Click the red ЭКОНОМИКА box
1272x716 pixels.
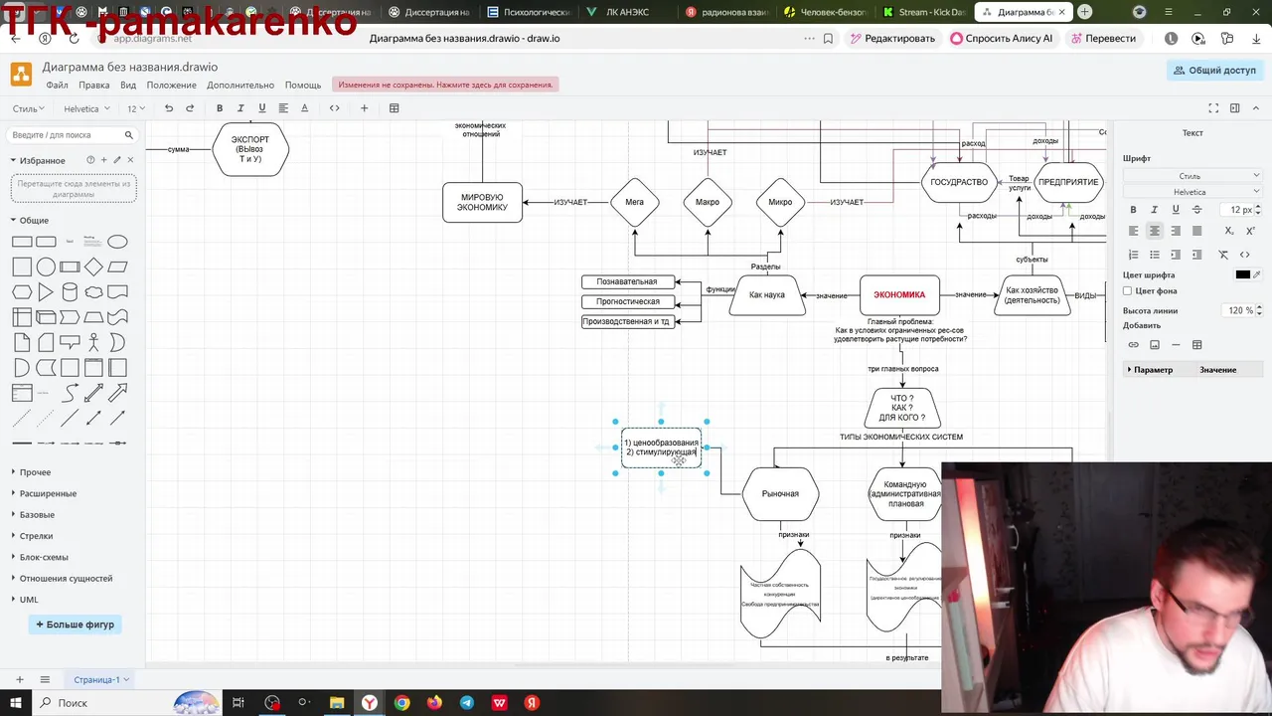[899, 295]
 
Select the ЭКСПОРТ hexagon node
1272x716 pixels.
[250, 149]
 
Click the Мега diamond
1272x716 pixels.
[634, 203]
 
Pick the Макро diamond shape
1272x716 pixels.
[708, 203]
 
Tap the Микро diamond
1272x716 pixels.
[780, 203]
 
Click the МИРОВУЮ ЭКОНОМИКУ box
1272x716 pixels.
[482, 203]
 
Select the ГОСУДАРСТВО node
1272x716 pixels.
[959, 183]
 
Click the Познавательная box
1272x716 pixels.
[627, 282]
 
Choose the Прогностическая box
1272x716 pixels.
[627, 302]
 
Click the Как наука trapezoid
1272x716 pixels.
[767, 295]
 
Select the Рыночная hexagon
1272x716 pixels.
[780, 494]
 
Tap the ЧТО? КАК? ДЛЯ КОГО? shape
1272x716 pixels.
[901, 408]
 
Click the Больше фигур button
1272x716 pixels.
[76, 625]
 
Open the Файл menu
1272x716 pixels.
[57, 86]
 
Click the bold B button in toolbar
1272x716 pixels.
[220, 108]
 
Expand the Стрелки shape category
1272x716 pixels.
[37, 536]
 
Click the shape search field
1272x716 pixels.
[66, 135]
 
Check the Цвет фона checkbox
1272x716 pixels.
[1127, 291]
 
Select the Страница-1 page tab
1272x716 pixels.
[96, 680]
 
